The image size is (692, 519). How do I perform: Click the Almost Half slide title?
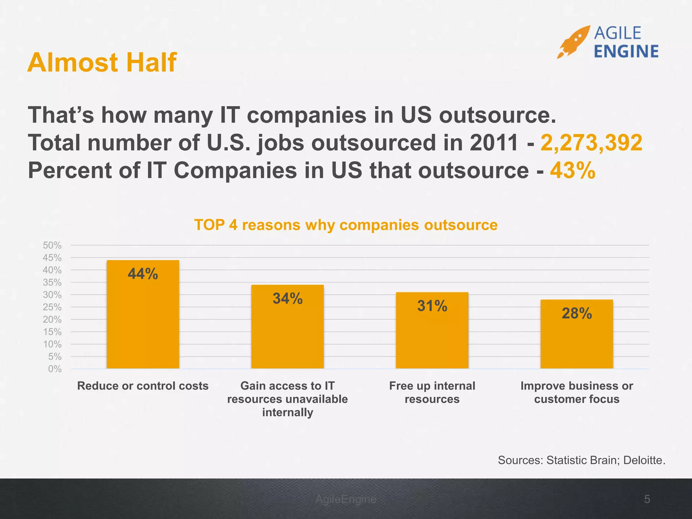tap(102, 63)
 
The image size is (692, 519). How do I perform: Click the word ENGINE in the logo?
tap(626, 52)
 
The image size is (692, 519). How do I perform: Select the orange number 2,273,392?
tap(591, 143)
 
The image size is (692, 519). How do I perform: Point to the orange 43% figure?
tap(572, 170)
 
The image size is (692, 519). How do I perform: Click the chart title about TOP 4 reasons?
tap(346, 225)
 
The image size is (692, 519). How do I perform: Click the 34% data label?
tap(288, 299)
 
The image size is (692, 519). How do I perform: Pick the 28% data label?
tap(576, 314)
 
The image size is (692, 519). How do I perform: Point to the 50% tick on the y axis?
tap(52, 245)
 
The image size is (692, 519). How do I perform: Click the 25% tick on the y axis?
tap(52, 307)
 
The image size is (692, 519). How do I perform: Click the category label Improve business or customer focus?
tap(576, 392)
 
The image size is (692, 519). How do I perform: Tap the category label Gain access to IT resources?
tap(288, 399)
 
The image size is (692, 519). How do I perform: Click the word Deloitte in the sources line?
tap(644, 460)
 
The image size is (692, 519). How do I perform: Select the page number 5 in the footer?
tap(647, 499)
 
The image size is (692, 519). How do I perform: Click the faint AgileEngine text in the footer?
tap(346, 499)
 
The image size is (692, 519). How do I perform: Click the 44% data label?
tap(143, 274)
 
